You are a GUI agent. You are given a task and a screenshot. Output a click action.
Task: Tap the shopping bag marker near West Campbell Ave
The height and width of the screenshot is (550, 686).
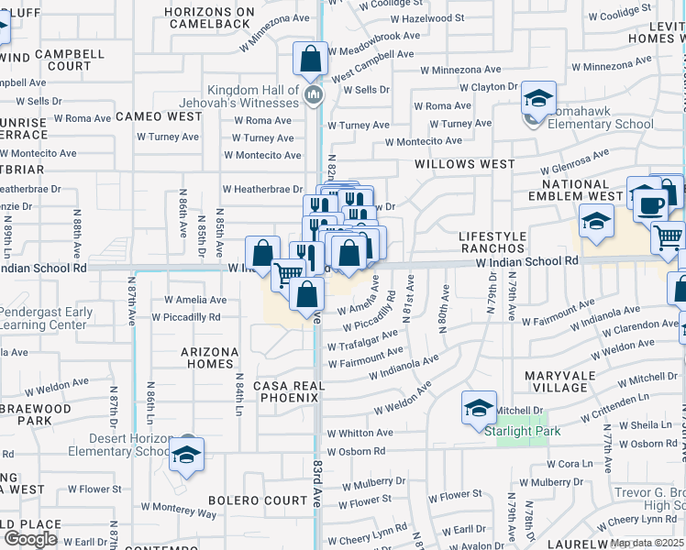pyautogui.click(x=311, y=60)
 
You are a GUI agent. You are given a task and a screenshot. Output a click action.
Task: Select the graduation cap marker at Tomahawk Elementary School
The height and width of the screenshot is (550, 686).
pyautogui.click(x=539, y=100)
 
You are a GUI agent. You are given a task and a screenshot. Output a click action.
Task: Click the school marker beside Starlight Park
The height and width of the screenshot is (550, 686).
pyautogui.click(x=479, y=408)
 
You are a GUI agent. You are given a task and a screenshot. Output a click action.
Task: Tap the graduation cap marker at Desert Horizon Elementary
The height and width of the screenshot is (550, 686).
pyautogui.click(x=187, y=456)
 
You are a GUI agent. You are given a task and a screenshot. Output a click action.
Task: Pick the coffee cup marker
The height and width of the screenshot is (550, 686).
pyautogui.click(x=650, y=206)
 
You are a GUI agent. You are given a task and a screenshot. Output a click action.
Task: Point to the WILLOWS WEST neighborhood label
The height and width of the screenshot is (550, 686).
pyautogui.click(x=464, y=164)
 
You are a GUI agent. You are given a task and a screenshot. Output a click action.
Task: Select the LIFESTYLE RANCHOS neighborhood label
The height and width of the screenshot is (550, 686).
pyautogui.click(x=492, y=242)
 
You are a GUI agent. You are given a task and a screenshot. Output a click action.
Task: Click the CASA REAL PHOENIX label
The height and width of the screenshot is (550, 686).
pyautogui.click(x=290, y=392)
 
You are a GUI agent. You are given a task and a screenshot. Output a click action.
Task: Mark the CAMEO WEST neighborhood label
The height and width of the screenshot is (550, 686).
pyautogui.click(x=159, y=116)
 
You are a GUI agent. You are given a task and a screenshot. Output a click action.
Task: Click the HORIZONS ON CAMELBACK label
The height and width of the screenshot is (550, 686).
pyautogui.click(x=208, y=17)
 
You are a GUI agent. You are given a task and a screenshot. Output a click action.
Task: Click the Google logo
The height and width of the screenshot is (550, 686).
pyautogui.click(x=30, y=538)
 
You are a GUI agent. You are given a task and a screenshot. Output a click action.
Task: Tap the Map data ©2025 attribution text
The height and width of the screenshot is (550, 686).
pyautogui.click(x=646, y=544)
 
